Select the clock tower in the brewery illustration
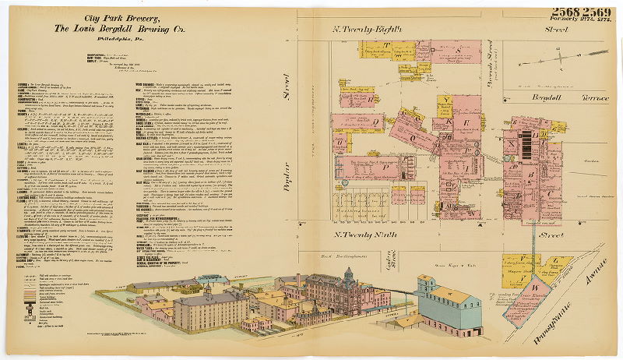coord(348,277)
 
